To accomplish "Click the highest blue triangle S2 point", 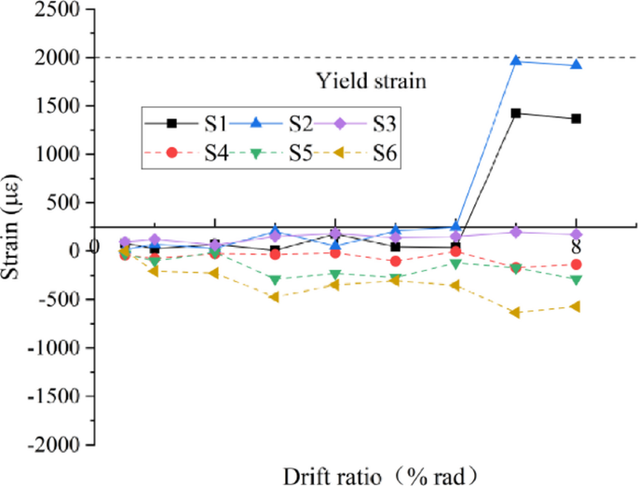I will click(x=515, y=61).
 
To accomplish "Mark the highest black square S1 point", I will click(x=515, y=113).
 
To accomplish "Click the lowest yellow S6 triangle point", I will click(x=515, y=313).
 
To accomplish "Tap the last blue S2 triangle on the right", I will click(x=576, y=65).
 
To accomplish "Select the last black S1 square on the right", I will click(x=576, y=118).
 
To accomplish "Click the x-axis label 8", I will click(x=576, y=248).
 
